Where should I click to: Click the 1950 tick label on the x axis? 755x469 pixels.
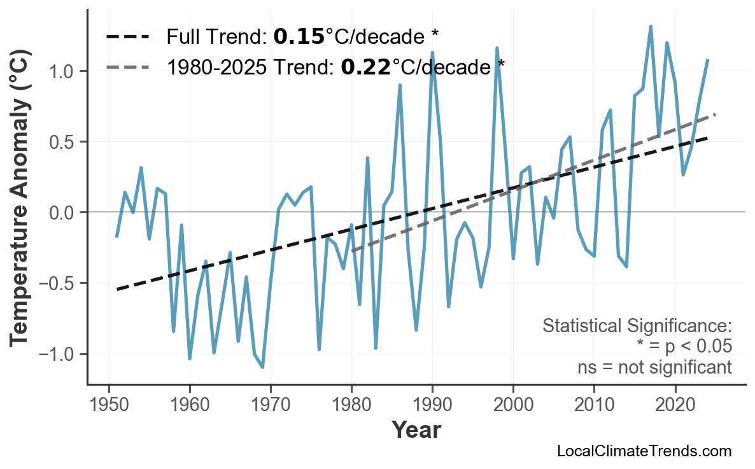point(109,405)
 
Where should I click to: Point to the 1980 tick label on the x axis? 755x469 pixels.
point(351,405)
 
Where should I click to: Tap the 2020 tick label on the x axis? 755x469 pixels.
point(675,405)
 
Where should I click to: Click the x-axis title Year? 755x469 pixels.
point(416,430)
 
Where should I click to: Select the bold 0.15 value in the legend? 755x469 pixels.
point(299,37)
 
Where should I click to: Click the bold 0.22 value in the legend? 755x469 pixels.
point(365,66)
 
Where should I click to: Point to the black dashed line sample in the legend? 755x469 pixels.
point(127,37)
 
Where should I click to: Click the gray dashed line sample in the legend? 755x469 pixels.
point(127,66)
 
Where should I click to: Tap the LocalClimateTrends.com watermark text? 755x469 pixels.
point(644,451)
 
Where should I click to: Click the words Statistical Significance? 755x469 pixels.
point(637,326)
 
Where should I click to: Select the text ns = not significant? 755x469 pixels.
point(654,367)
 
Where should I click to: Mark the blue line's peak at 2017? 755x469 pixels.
point(651,26)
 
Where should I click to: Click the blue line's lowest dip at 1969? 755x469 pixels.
point(262,367)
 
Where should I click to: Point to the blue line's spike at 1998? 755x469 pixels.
point(497,48)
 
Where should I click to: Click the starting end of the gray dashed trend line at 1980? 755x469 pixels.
point(352,251)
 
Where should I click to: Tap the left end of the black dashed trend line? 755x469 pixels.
point(117,290)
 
